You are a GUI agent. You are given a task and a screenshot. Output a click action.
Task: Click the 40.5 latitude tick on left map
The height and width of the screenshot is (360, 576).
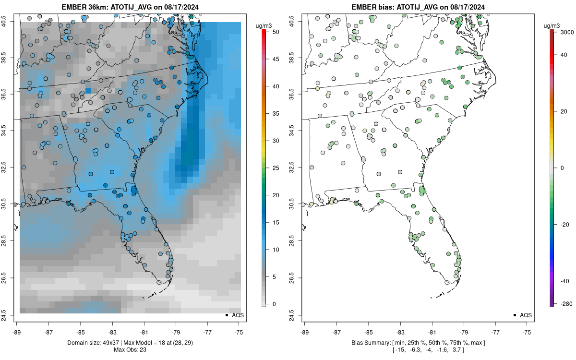pyautogui.click(x=10, y=21)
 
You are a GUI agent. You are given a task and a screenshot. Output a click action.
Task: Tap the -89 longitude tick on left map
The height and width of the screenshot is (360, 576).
pyautogui.click(x=17, y=331)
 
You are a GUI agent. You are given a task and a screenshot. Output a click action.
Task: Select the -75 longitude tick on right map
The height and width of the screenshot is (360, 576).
pyautogui.click(x=527, y=331)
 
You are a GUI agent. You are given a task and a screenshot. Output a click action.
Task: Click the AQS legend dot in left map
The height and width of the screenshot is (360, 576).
pyautogui.click(x=226, y=315)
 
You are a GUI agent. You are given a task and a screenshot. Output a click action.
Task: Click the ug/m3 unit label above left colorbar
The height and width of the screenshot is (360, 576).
pyautogui.click(x=261, y=24)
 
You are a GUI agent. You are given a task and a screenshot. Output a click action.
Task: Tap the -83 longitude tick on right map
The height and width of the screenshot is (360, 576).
pyautogui.click(x=400, y=331)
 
